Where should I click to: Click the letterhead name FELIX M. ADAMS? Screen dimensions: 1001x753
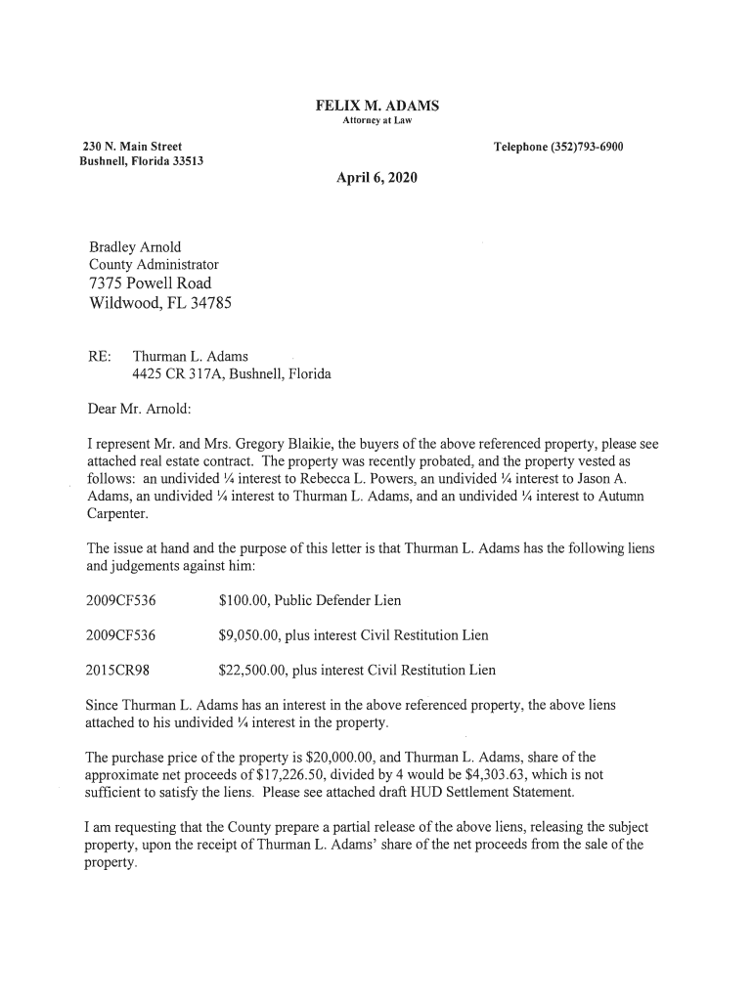376,106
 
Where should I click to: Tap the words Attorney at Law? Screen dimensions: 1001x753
376,121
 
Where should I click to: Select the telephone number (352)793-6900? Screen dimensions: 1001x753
588,148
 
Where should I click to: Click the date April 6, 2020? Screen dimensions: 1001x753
376,178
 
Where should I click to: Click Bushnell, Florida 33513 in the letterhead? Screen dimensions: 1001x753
141,161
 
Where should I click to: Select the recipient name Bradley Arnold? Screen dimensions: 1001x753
135,247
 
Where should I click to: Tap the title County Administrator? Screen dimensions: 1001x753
154,265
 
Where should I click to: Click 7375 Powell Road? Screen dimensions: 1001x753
150,283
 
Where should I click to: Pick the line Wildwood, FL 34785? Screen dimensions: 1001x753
160,304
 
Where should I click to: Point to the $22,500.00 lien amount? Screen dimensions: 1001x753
257,671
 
